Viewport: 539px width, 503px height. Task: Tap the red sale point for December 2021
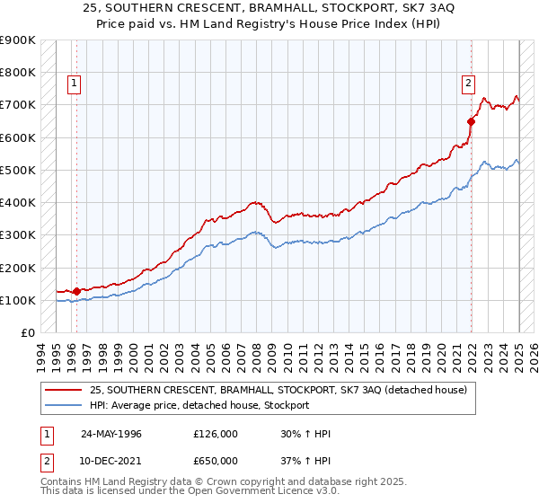(x=471, y=120)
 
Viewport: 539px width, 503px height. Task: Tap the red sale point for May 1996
(x=76, y=291)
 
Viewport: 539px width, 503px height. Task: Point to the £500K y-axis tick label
(x=17, y=170)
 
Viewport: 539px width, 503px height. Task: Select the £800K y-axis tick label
(x=17, y=72)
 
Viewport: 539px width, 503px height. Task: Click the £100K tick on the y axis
(x=17, y=300)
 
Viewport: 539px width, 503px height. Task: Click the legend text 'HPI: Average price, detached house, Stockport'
(x=199, y=405)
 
